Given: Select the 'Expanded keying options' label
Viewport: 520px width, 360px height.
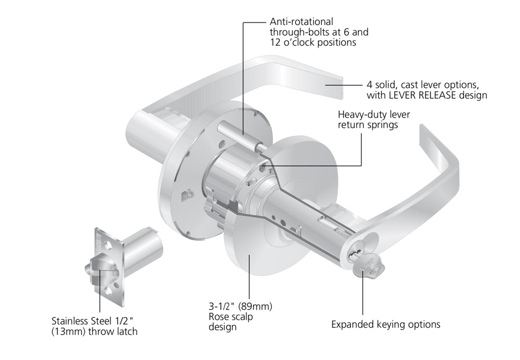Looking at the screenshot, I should (x=386, y=325).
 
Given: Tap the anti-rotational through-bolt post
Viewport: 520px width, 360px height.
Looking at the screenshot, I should (x=235, y=132).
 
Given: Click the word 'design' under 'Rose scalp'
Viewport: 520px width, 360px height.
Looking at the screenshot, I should (x=223, y=327).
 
